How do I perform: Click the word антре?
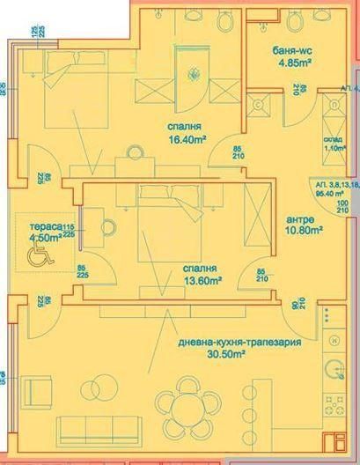pos(301,220)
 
